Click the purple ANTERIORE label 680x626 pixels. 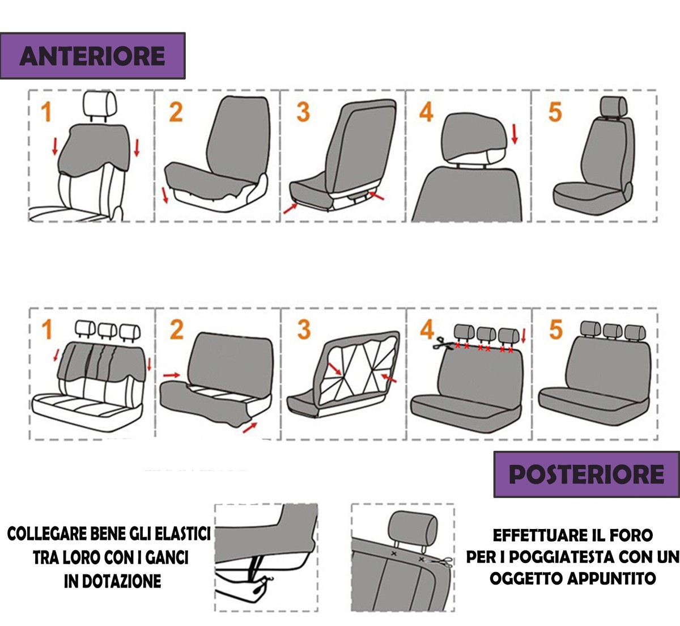click(x=92, y=56)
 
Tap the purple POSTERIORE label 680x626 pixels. click(x=586, y=475)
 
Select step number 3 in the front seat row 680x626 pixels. click(x=303, y=112)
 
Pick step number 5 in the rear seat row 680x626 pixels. click(x=556, y=329)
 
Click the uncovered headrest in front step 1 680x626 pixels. click(x=100, y=104)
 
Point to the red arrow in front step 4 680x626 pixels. click(x=515, y=134)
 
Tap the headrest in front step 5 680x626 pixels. click(x=613, y=107)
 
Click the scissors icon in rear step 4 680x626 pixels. click(x=443, y=343)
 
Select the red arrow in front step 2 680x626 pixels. click(x=165, y=195)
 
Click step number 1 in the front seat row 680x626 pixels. click(x=46, y=112)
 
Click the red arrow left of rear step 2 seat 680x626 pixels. click(x=172, y=375)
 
